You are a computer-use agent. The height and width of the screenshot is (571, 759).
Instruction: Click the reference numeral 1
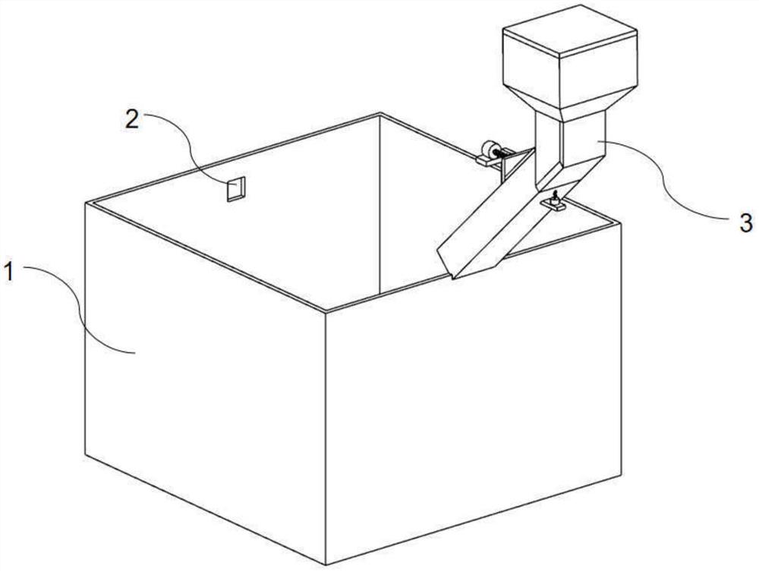pos(9,272)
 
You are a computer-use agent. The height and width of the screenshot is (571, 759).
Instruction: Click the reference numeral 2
pos(132,118)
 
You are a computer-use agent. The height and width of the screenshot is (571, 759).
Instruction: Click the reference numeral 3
pos(745,222)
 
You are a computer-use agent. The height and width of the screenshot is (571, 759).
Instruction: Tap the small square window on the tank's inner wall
pos(236,189)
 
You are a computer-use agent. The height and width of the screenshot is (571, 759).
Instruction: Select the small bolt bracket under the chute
pos(554,202)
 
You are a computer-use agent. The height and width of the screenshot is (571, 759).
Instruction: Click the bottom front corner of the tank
pos(326,565)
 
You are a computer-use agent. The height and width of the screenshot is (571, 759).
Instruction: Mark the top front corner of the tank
pos(326,312)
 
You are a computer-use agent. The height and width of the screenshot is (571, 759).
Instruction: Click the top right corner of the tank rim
pos(621,222)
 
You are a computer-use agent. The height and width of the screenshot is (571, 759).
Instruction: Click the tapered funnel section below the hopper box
pos(570,100)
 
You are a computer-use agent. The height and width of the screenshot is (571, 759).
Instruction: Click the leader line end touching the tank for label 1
pos(134,353)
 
